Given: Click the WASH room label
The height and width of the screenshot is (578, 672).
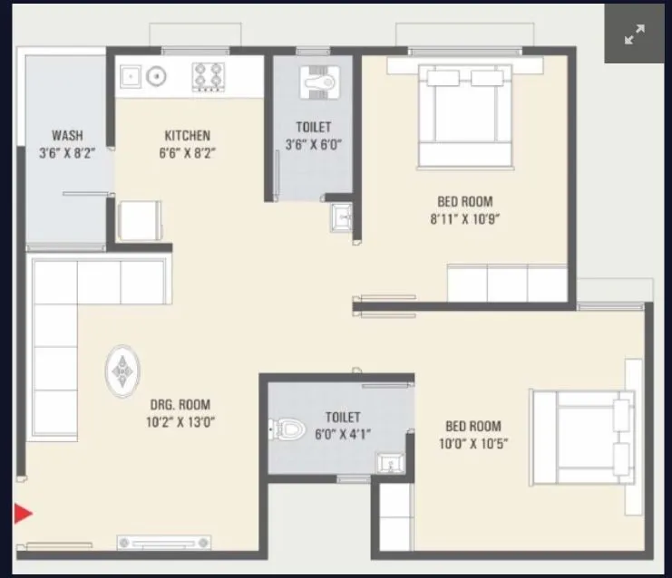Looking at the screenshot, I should pos(68,136).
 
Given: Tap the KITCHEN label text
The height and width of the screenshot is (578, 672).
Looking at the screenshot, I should pos(188,136).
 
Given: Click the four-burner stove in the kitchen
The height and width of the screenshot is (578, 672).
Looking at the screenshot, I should pos(208,76).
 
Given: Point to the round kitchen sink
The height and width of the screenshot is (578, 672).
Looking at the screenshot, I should pos(156,76).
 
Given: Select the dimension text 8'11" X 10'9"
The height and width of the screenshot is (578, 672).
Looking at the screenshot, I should pos(465,218).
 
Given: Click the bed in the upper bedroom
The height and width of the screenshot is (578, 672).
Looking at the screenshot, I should pos(465,113).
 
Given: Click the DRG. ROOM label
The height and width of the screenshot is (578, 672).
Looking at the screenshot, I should pos(180,405).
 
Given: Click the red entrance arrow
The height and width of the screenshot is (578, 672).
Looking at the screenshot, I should pos(23,515).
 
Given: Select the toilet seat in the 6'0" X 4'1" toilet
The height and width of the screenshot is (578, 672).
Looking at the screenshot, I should pos(287,428).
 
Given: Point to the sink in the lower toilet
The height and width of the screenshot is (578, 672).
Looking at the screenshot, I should pos(390,465).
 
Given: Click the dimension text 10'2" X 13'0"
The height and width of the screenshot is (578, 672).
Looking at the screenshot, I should pos(180,422).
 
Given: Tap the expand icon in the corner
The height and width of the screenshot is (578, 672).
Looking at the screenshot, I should pos(634,34).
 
